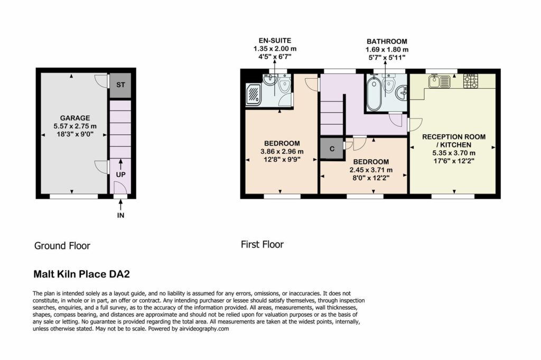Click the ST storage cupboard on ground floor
point(120,85)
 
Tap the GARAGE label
point(75,118)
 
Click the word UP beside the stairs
point(120,174)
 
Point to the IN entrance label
point(120,215)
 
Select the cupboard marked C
point(332,149)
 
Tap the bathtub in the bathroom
point(374,93)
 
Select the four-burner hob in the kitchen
point(471,81)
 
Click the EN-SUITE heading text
point(275,41)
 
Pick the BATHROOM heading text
point(387,41)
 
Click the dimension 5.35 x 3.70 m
point(454,153)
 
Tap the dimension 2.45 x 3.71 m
point(371,170)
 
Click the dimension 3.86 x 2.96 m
point(282,151)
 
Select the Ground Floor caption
point(62,246)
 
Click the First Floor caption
point(262,245)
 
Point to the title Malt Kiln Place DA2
point(81,274)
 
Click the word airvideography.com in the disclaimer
point(204,329)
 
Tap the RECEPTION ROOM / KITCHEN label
point(454,141)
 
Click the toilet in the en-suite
point(284,85)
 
